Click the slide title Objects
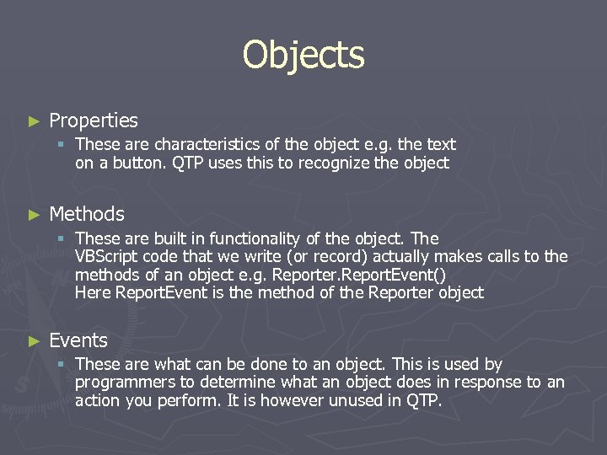coord(303,56)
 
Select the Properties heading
coord(94,121)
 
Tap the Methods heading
coord(87,214)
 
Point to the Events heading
coord(78,340)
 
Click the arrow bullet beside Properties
coord(34,122)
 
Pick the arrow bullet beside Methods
coord(34,215)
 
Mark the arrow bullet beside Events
coord(34,341)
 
